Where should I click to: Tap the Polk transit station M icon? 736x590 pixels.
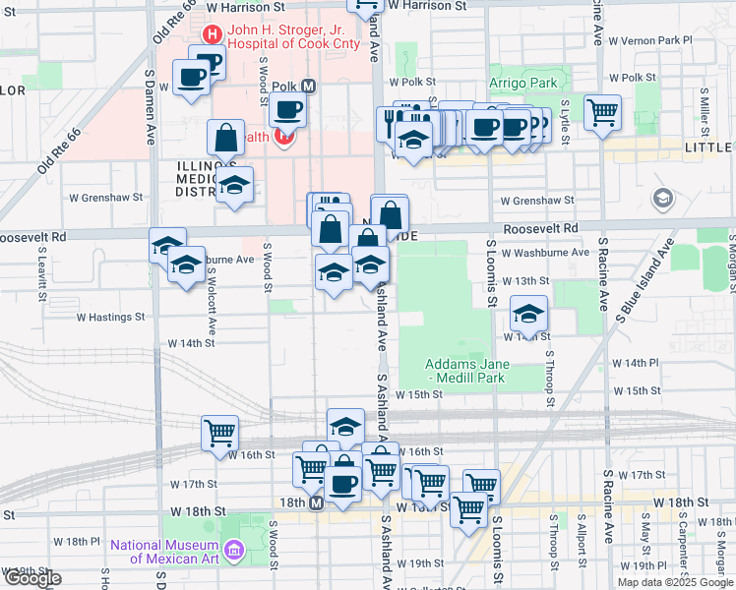pos(308,87)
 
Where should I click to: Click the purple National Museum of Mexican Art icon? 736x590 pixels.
pos(233,548)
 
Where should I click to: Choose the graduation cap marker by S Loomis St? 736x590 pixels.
pos(529,315)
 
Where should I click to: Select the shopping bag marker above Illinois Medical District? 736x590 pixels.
pos(226,138)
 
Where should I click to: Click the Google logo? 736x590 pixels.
pos(32,578)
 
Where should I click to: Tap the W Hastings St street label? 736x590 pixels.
pos(110,318)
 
